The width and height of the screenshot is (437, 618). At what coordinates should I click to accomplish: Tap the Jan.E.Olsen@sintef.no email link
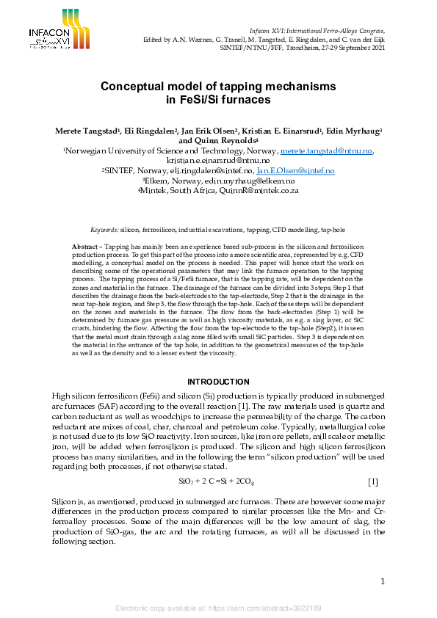[x=300, y=170]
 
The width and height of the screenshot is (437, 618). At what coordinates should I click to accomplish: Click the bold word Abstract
[x=85, y=246]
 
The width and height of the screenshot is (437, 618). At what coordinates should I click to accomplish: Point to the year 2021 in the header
[x=374, y=46]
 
